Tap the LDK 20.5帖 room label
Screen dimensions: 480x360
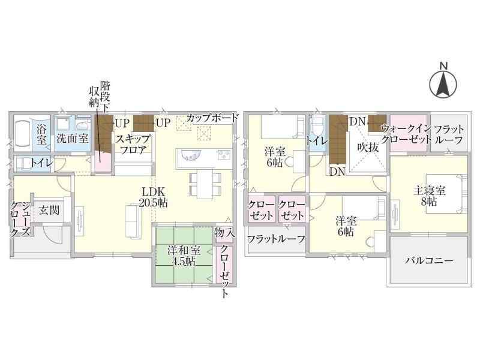[x=154, y=197]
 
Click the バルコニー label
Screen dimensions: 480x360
[x=428, y=261]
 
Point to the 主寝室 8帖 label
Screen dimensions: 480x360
[x=429, y=196]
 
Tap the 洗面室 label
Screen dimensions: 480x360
[x=73, y=139]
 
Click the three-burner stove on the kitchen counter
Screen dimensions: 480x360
[x=224, y=155]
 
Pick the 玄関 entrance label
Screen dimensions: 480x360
[x=49, y=211]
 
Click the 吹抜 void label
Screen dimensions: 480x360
[x=368, y=147]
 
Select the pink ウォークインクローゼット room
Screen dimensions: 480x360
[x=409, y=133]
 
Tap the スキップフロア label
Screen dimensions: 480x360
[x=133, y=144]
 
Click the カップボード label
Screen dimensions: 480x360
[x=212, y=118]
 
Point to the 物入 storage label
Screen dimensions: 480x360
[x=224, y=233]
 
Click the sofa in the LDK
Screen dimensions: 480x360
[x=133, y=221]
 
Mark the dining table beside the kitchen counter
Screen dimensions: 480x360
[x=205, y=184]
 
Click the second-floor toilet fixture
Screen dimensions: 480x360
[x=316, y=128]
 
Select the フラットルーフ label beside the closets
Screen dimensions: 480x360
[x=276, y=239]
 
